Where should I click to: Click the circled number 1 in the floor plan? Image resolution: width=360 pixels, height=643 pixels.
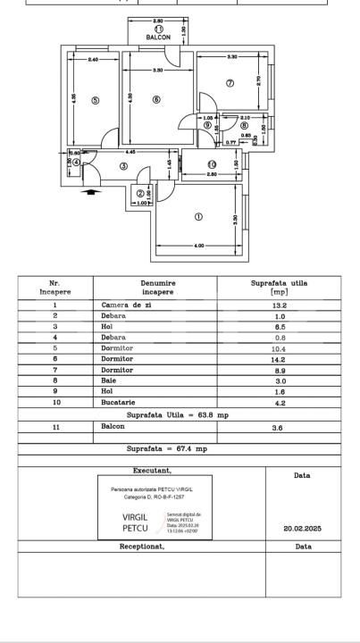point(198,216)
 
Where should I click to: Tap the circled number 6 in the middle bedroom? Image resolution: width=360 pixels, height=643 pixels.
point(156,100)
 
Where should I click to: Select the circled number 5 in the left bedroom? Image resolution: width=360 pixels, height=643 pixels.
point(95,101)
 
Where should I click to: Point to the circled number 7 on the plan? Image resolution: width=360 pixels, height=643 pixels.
point(230,83)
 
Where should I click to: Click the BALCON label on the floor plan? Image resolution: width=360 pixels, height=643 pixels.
point(158,38)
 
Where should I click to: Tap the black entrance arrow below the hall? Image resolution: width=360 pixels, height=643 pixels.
point(88,190)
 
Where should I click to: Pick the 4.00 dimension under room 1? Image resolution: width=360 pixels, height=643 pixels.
point(198,245)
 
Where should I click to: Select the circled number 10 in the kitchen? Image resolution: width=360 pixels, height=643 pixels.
point(212,163)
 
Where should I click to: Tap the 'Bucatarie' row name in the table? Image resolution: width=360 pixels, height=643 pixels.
point(119,403)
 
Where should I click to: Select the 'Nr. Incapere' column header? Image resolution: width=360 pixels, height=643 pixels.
point(54,287)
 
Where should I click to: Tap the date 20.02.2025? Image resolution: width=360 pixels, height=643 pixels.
point(301,528)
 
